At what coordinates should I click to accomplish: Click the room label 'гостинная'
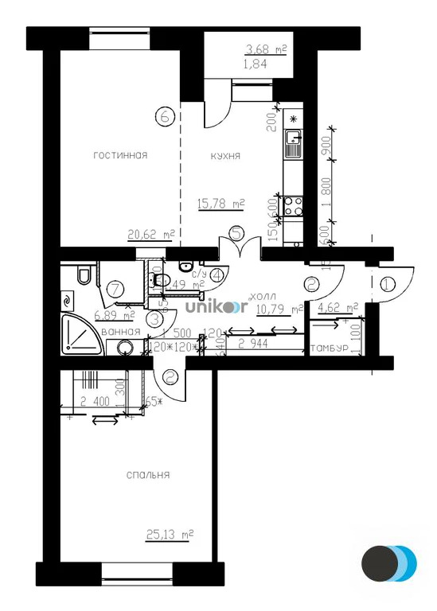tap(119, 155)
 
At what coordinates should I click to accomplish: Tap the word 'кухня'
tap(225, 156)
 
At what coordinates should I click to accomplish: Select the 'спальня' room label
tap(148, 475)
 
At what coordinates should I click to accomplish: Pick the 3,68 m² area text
tap(265, 50)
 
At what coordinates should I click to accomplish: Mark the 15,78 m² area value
tap(220, 204)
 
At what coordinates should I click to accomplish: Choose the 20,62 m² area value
tap(150, 235)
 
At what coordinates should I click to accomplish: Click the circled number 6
tap(165, 115)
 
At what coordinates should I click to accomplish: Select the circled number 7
tap(115, 288)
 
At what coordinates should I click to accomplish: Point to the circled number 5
tap(236, 234)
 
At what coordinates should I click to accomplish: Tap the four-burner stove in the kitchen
tap(293, 207)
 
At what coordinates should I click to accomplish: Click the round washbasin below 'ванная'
tap(123, 348)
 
